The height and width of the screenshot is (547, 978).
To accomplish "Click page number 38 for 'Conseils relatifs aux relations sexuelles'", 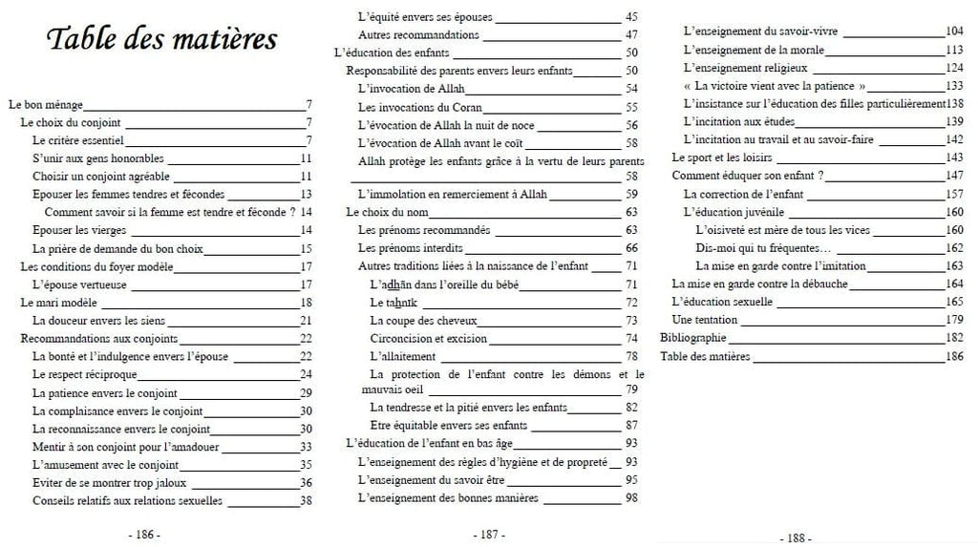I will [307, 500].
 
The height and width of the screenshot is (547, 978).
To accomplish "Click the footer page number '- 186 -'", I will [144, 532].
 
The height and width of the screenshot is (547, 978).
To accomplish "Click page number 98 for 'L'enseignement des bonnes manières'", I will [631, 498].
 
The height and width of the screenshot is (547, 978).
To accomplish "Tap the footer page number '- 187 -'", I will [489, 535].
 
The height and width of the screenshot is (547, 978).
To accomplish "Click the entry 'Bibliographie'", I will [693, 338].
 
